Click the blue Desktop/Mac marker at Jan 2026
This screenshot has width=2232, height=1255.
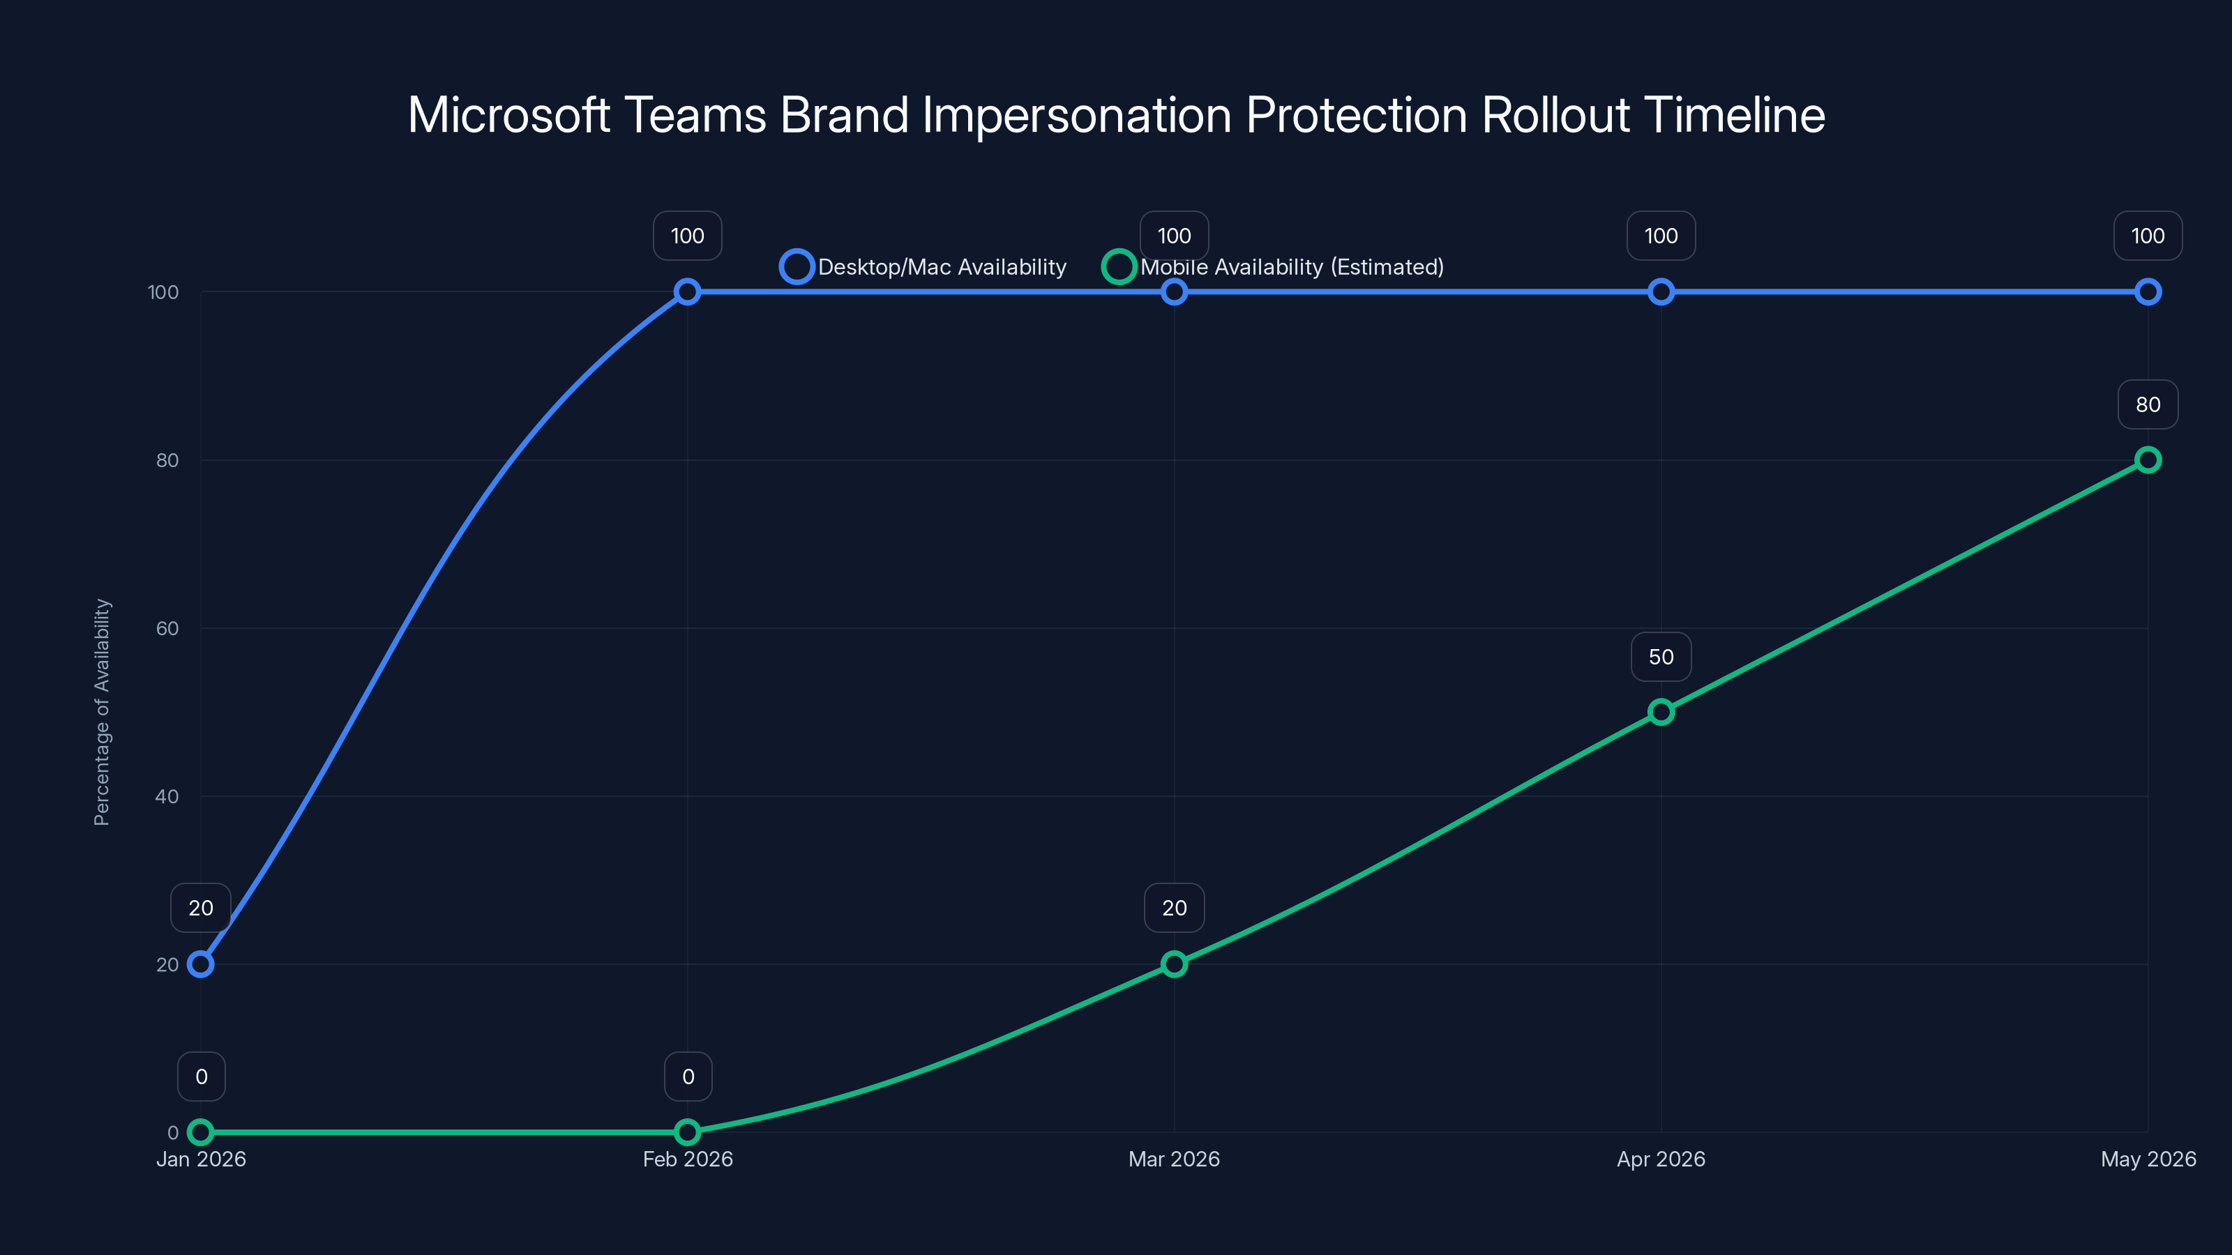click(x=200, y=964)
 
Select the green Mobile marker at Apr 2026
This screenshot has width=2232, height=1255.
click(x=1661, y=712)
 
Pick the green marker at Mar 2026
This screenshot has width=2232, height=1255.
click(x=1174, y=964)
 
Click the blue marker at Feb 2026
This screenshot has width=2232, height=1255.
click(x=687, y=292)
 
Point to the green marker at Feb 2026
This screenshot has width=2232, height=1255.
click(x=687, y=1132)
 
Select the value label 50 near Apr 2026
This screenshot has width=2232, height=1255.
click(x=1661, y=657)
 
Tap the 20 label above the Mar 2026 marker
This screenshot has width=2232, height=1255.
click(x=1174, y=908)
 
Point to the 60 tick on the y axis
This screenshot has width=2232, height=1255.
click(x=167, y=629)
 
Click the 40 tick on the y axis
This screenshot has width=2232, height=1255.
click(x=167, y=797)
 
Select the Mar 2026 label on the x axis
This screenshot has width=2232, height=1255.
click(x=1174, y=1159)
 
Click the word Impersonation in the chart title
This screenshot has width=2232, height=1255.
click(x=1076, y=115)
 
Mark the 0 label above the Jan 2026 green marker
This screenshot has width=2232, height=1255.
click(x=201, y=1077)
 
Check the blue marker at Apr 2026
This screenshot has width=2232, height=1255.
click(x=1661, y=292)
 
